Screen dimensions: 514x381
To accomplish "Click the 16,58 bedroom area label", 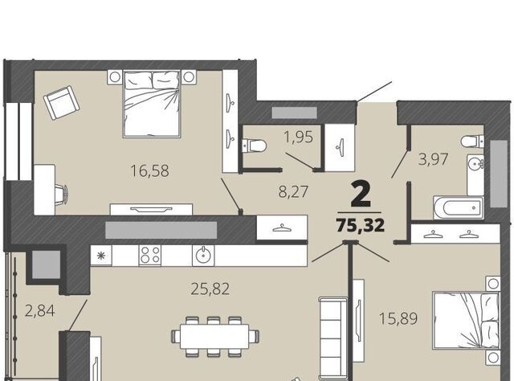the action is tap(149, 171).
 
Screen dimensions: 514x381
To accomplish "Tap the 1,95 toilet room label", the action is tap(299, 137).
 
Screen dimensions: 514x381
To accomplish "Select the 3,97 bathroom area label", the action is tap(433, 159).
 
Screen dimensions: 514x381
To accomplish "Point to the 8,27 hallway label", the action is tap(293, 191).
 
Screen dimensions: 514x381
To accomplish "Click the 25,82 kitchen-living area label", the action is tap(210, 289).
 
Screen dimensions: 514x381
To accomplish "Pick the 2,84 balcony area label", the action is tap(40, 310).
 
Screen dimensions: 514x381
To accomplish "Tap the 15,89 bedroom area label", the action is tap(398, 318).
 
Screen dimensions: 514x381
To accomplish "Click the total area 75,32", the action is tap(361, 225).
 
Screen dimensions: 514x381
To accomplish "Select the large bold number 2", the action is tap(361, 195).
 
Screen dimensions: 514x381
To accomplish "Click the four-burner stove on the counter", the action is tap(150, 256).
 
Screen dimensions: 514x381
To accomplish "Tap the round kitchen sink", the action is tap(204, 255).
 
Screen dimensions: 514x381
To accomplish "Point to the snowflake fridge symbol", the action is tap(101, 256).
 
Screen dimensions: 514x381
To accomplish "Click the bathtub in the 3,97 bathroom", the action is tap(459, 207).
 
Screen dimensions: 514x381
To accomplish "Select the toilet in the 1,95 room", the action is tap(254, 145).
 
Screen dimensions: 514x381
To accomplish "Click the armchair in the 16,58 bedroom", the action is tap(62, 103).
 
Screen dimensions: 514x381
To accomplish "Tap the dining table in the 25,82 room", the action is tap(215, 336).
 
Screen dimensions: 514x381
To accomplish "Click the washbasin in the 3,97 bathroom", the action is tap(475, 163).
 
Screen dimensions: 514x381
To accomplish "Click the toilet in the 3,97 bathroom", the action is tap(472, 141).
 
